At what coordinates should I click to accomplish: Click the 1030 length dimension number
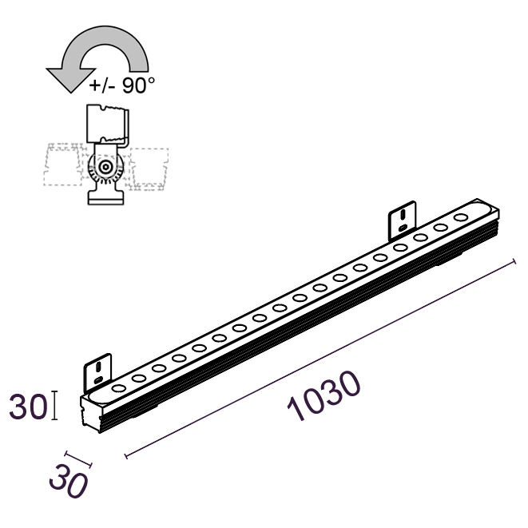coord(324,396)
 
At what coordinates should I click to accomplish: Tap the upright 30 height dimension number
coord(27,407)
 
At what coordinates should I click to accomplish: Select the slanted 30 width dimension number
coord(69,481)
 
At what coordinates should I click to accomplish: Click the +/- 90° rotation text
coord(122,85)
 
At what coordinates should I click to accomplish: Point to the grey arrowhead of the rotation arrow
coord(71,79)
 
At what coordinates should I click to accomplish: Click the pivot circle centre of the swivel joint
coord(106,167)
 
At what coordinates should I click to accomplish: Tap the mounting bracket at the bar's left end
coord(97,373)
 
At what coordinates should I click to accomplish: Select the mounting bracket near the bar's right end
coord(403,221)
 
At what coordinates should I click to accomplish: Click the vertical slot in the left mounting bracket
coord(99,367)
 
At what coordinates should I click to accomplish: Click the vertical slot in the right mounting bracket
coord(403,214)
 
